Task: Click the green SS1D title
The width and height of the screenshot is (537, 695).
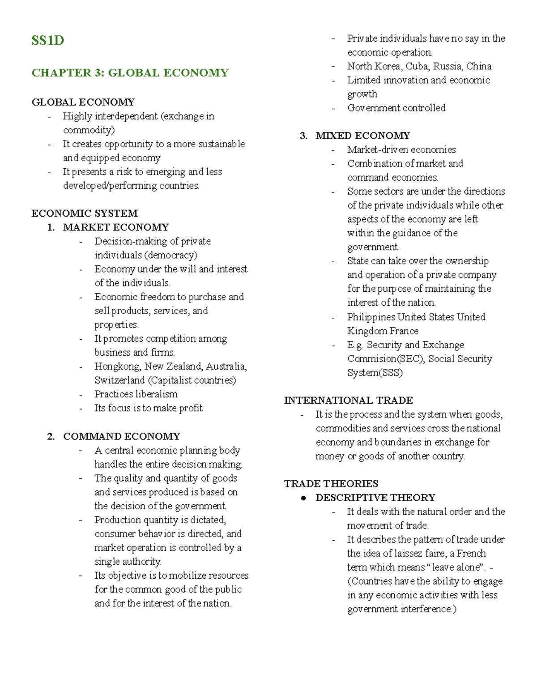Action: (x=47, y=41)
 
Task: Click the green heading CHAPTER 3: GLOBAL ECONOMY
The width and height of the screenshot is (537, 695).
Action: (x=130, y=72)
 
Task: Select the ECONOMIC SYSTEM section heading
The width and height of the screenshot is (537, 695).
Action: (x=84, y=213)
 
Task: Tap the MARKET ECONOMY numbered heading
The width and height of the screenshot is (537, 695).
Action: (x=115, y=227)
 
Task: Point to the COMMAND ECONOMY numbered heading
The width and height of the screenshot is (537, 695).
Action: (x=121, y=436)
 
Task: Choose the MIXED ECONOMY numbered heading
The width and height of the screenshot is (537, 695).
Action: (x=362, y=136)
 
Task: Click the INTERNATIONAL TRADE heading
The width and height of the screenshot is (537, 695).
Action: (x=348, y=400)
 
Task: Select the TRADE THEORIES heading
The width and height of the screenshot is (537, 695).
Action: (x=331, y=484)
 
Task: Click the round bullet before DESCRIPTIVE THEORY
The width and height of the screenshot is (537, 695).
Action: (x=303, y=498)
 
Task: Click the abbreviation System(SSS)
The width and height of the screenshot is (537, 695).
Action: (x=375, y=373)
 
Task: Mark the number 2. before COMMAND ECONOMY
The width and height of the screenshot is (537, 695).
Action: (x=51, y=436)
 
